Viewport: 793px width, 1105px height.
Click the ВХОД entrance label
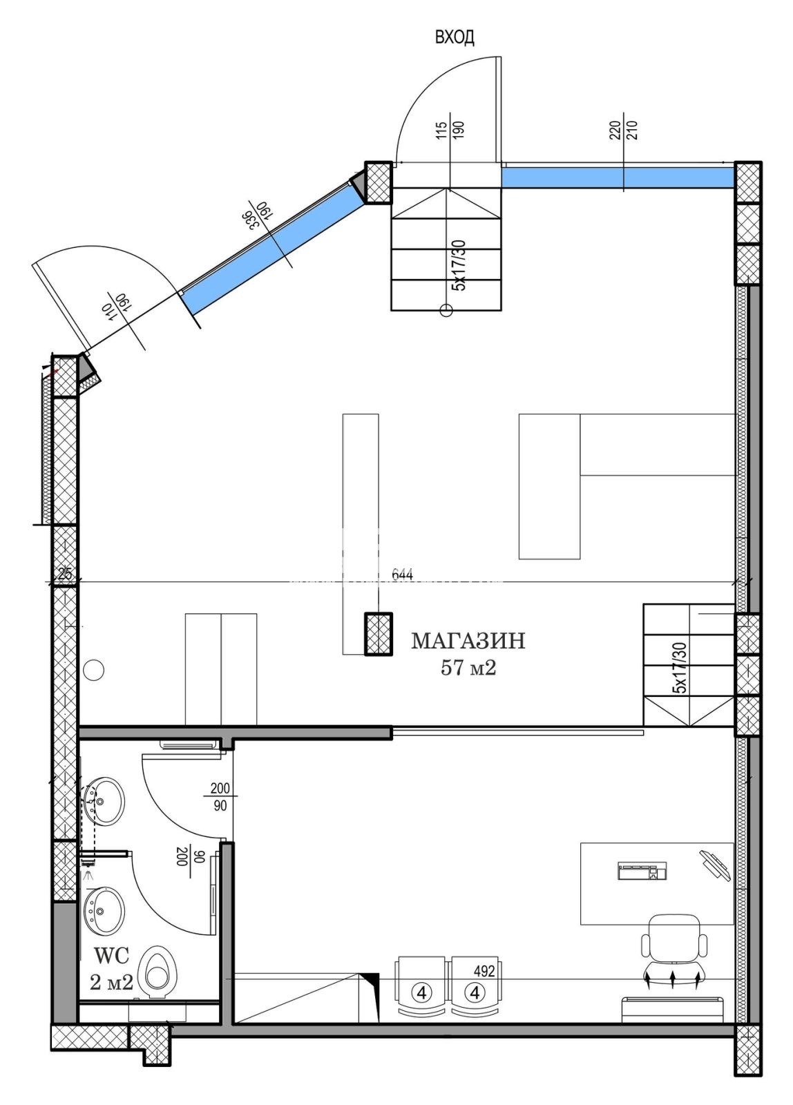[x=454, y=37]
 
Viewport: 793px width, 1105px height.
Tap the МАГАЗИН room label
[x=468, y=641]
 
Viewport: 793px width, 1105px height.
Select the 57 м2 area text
[x=468, y=668]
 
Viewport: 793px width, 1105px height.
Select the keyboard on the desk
[x=642, y=871]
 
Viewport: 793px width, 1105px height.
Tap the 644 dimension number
[x=402, y=574]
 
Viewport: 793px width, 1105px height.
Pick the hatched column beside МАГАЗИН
[x=379, y=635]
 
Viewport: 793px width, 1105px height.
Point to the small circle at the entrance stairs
[x=446, y=310]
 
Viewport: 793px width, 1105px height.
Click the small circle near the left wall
[x=94, y=670]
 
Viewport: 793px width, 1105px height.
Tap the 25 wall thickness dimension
[x=65, y=574]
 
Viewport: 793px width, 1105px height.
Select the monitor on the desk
[x=714, y=864]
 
